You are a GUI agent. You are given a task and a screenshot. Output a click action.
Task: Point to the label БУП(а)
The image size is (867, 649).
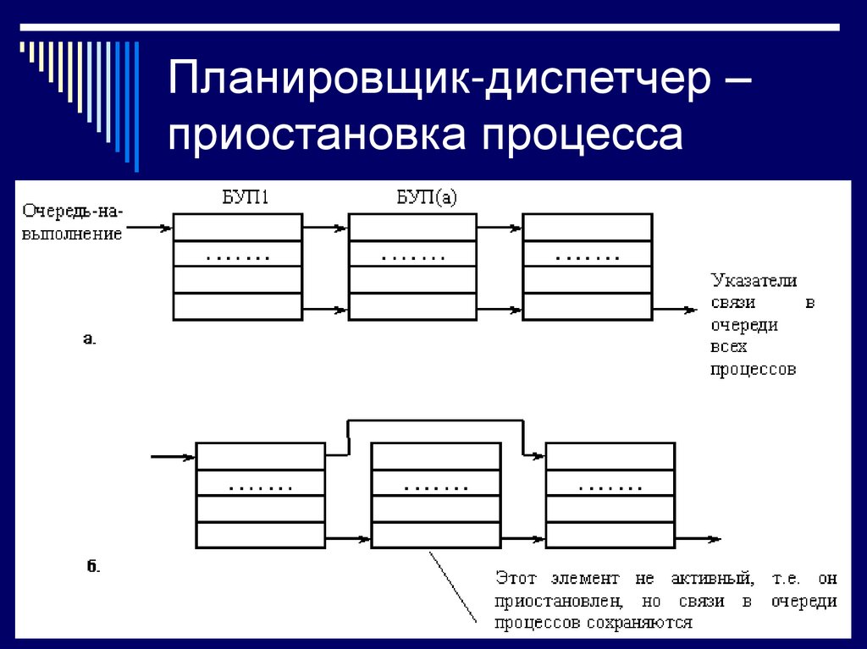pyautogui.click(x=426, y=200)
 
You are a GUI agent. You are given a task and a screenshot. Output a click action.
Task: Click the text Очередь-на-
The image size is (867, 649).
pyautogui.click(x=73, y=210)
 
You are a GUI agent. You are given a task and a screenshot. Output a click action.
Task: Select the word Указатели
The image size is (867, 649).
pyautogui.click(x=754, y=280)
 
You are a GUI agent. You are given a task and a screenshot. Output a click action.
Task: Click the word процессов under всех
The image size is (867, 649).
pyautogui.click(x=753, y=369)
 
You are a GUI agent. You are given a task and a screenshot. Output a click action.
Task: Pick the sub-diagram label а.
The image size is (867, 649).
pyautogui.click(x=89, y=339)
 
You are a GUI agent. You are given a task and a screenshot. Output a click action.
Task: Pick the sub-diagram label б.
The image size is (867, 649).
pyautogui.click(x=93, y=566)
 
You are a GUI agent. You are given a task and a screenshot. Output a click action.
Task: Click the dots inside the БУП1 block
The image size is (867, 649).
pyautogui.click(x=238, y=256)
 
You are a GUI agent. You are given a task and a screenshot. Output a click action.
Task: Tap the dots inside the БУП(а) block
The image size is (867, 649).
pyautogui.click(x=413, y=256)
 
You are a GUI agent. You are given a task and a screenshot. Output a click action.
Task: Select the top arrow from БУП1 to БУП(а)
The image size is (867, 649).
pyautogui.click(x=325, y=227)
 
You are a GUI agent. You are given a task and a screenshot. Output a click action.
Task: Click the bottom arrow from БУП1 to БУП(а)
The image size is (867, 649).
pyautogui.click(x=325, y=310)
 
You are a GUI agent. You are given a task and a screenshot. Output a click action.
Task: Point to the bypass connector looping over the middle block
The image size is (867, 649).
pyautogui.click(x=435, y=419)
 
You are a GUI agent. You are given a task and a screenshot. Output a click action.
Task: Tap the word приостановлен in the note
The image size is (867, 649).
pyautogui.click(x=560, y=602)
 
